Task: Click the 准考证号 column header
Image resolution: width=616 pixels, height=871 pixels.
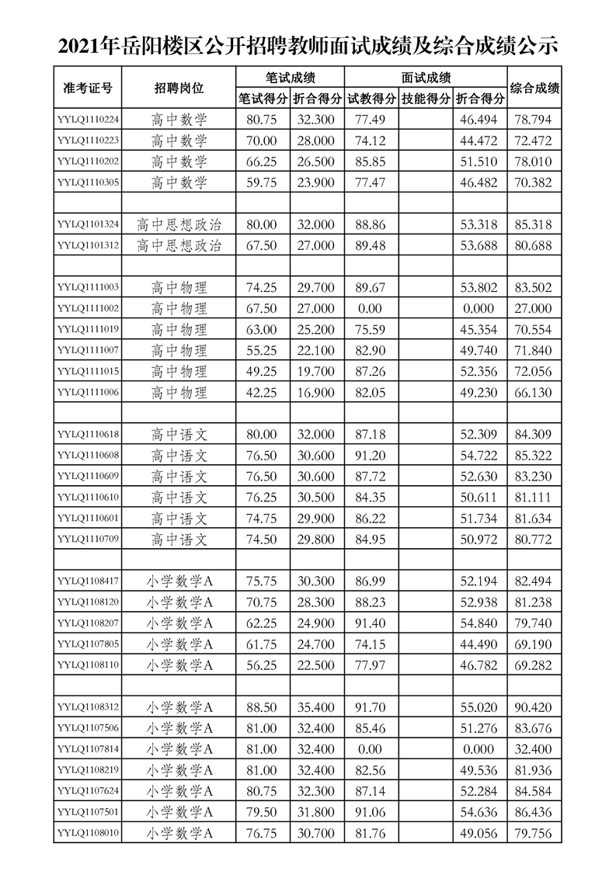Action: coord(87,88)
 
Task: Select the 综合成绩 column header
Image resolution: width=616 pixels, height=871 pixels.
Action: coord(534,88)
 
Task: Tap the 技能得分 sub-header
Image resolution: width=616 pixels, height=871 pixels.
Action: coord(426,99)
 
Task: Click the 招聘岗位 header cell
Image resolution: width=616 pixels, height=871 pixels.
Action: coord(179,88)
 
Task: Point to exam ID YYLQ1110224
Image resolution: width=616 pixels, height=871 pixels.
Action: coord(88,120)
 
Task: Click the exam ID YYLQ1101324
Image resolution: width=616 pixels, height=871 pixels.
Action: coord(88,224)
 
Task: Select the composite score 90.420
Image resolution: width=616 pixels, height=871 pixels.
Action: coord(534,707)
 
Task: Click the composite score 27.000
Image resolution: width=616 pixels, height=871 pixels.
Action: coord(534,308)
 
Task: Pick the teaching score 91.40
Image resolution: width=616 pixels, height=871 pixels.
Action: coord(369,623)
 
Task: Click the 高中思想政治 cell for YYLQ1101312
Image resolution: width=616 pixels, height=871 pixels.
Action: coord(179,245)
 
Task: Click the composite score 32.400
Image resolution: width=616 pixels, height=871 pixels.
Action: coord(534,749)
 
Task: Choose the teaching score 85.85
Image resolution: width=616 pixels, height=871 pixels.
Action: coord(369,161)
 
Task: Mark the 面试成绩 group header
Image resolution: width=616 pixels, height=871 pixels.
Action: coord(426,78)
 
